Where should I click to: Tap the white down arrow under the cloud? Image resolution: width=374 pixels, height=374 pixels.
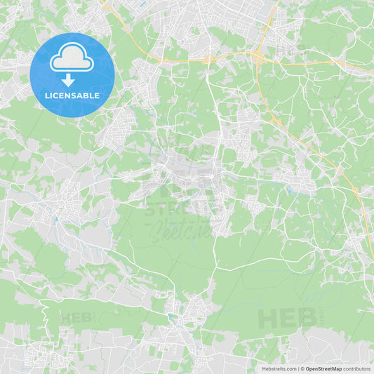click(68, 80)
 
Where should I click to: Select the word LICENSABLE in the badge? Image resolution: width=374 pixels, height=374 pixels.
click(72, 95)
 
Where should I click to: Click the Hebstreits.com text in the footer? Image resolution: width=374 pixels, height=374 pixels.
click(279, 368)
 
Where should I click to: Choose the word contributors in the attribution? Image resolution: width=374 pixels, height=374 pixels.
click(356, 368)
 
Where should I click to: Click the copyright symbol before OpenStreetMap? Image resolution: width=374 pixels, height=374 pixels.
click(302, 368)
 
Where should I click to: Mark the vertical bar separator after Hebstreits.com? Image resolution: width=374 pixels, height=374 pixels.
click(298, 368)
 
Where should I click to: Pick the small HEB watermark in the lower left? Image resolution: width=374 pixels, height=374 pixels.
click(76, 317)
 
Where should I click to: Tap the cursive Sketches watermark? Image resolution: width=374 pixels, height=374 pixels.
click(180, 228)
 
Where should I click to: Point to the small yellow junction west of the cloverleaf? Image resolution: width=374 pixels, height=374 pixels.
click(209, 60)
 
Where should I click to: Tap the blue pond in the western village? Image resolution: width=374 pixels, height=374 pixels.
click(55, 218)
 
